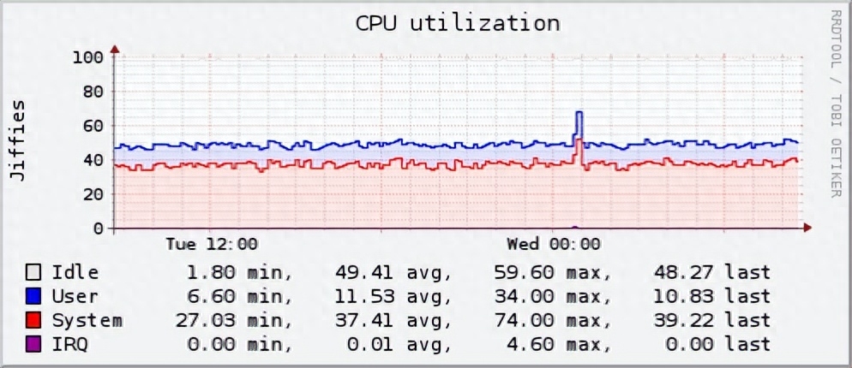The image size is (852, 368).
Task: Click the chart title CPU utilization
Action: click(x=458, y=23)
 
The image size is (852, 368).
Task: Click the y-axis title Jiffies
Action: click(x=18, y=139)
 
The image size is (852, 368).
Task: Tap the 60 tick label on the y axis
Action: click(x=92, y=126)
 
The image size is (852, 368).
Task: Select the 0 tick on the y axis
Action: click(x=98, y=229)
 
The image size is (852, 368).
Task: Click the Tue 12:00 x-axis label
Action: click(x=211, y=245)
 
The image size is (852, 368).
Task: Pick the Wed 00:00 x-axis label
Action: click(x=554, y=245)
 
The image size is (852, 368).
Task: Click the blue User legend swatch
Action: click(x=34, y=297)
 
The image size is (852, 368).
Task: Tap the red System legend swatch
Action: click(x=34, y=321)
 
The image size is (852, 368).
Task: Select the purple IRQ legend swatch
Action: click(x=34, y=344)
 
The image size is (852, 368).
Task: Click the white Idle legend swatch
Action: click(x=34, y=273)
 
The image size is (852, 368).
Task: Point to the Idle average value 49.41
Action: click(x=365, y=273)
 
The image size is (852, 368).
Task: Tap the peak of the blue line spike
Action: click(x=579, y=112)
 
